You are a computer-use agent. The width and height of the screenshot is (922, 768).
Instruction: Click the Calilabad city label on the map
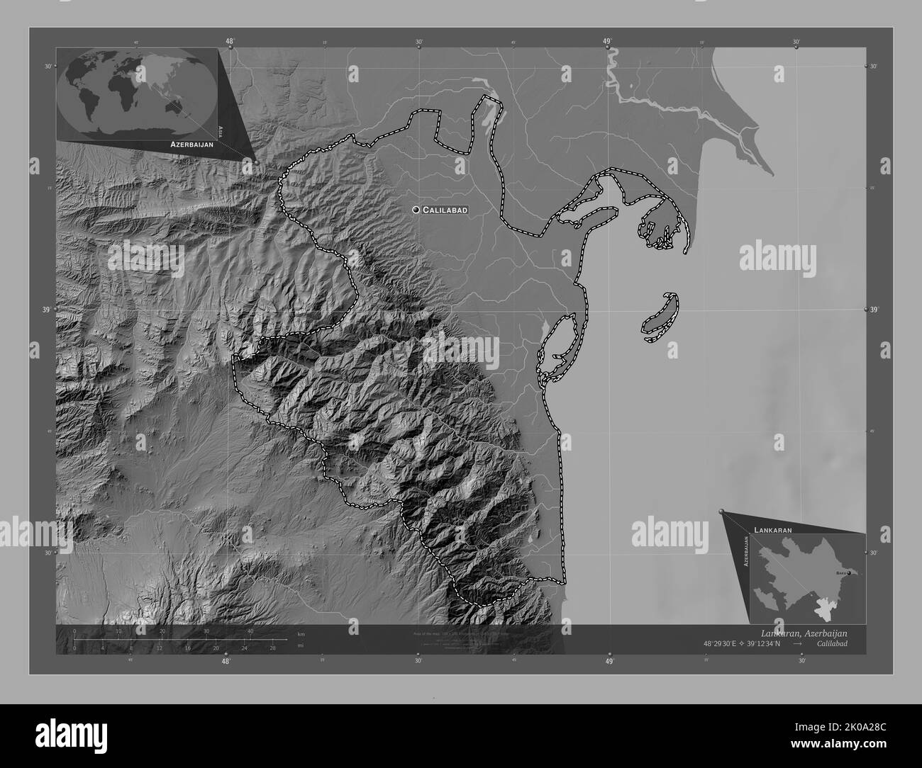[445, 210]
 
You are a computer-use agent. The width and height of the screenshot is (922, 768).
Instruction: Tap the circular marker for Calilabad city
[416, 210]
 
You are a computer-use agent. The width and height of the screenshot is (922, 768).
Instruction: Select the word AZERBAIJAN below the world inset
[191, 144]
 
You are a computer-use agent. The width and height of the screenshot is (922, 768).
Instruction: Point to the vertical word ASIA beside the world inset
[221, 130]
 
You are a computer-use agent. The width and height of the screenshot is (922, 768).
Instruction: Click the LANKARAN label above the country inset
[773, 529]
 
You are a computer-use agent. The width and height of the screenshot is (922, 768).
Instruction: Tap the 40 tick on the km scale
[250, 631]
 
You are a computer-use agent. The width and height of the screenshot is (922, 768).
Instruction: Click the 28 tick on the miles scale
[272, 648]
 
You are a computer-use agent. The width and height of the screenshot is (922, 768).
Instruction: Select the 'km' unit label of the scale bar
[301, 634]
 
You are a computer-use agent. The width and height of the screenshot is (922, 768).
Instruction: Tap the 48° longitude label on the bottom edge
[226, 662]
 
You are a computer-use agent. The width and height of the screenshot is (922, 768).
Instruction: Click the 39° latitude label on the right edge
[876, 310]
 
